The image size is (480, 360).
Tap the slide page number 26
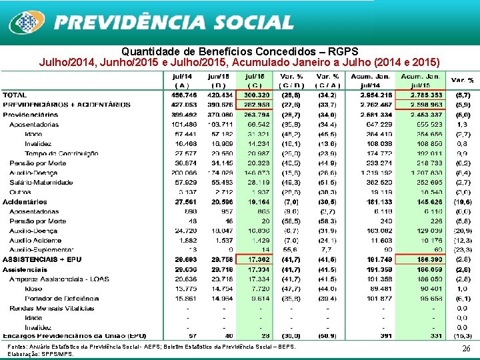466,349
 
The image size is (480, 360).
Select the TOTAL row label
15,95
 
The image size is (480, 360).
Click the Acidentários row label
25,201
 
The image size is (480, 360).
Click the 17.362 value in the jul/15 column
255,259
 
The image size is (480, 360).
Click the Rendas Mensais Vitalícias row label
51,308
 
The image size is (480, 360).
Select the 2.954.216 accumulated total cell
375,95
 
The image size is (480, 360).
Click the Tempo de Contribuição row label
61,153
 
